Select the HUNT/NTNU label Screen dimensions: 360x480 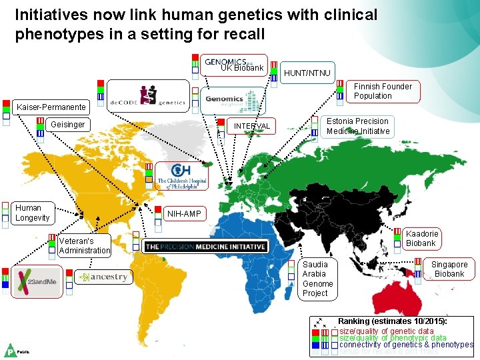pos(307,72)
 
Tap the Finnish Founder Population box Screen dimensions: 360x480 pos(383,91)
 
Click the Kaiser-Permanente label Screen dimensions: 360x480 pos(51,107)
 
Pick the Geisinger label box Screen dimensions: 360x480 pos(68,125)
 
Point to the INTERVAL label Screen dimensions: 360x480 pos(251,126)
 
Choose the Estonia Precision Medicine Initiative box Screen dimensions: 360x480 pos(358,126)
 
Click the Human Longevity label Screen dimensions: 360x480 pos(33,213)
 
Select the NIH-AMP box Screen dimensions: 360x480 pos(184,214)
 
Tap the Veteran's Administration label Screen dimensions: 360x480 pos(84,245)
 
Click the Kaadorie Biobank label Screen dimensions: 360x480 pos(421,238)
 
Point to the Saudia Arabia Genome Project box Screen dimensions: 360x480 pos(317,278)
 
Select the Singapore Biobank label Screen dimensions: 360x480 pos(449,269)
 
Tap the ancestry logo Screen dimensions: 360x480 pos(103,277)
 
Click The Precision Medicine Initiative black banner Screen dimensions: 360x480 pos(205,247)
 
